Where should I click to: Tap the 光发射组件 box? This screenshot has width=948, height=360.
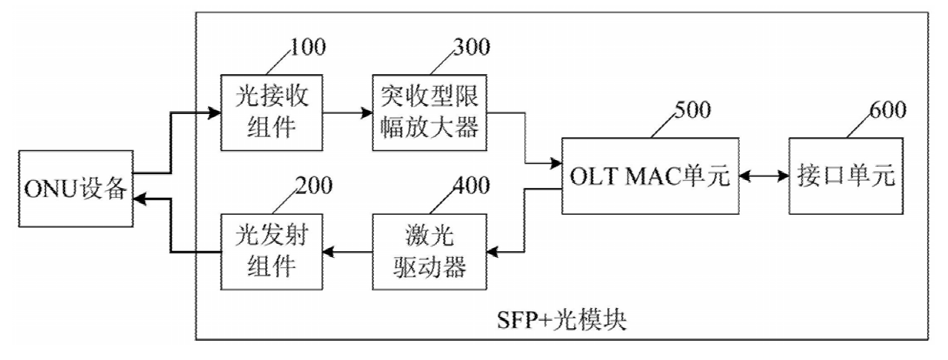click(x=270, y=252)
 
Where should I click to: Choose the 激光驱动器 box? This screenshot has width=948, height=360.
click(x=430, y=252)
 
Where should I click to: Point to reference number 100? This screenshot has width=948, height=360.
click(x=307, y=50)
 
